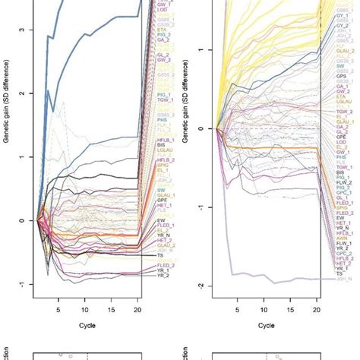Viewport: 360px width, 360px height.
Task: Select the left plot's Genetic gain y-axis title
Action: (x=9, y=152)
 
